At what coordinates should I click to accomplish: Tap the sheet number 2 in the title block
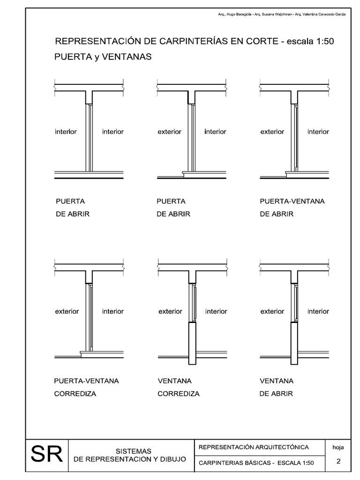(338, 461)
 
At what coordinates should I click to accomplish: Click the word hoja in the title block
(338, 447)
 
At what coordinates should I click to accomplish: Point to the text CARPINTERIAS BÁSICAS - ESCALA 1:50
(256, 463)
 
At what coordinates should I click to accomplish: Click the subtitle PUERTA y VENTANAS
(103, 57)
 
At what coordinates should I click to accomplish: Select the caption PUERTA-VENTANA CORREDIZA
(86, 387)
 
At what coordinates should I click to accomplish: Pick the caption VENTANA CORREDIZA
(178, 387)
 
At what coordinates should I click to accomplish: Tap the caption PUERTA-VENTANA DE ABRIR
(292, 208)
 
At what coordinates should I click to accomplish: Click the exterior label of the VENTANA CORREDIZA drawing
(170, 311)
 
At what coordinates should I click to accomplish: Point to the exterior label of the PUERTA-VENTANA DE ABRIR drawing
(272, 132)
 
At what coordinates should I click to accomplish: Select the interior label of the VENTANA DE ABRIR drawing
(318, 311)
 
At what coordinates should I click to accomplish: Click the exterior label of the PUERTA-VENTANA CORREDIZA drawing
(67, 311)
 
